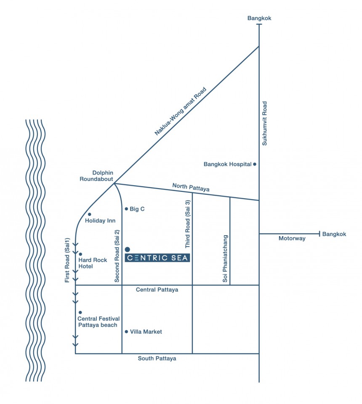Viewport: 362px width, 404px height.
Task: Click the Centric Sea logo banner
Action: (x=157, y=258)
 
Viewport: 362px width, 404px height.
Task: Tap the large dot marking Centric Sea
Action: (x=127, y=250)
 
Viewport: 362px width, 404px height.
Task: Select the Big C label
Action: (x=137, y=209)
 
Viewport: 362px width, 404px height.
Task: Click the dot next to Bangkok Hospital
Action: (x=255, y=164)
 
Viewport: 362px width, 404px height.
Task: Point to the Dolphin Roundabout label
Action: (x=96, y=176)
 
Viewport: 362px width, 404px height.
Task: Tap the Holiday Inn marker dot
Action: (x=89, y=214)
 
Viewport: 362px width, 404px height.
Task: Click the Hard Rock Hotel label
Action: (x=93, y=263)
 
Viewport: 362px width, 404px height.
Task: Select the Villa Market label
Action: (x=146, y=332)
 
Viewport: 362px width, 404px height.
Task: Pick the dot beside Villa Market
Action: (x=126, y=332)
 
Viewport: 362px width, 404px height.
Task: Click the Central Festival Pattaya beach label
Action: (x=98, y=322)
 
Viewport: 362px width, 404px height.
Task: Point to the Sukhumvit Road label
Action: (x=265, y=123)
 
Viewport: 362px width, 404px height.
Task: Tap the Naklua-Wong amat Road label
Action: (x=180, y=111)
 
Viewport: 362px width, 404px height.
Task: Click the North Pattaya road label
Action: (x=191, y=187)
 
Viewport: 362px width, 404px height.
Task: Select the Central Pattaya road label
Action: (x=157, y=290)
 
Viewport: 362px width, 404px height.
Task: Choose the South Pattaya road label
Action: (x=157, y=359)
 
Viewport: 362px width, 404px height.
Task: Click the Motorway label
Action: (x=292, y=238)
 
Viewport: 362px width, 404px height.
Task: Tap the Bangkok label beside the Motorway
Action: (x=334, y=234)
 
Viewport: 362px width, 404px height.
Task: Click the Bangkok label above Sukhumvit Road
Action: (x=259, y=18)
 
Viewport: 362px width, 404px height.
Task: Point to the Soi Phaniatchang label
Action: (x=225, y=258)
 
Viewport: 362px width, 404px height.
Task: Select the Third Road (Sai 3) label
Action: (x=188, y=224)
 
